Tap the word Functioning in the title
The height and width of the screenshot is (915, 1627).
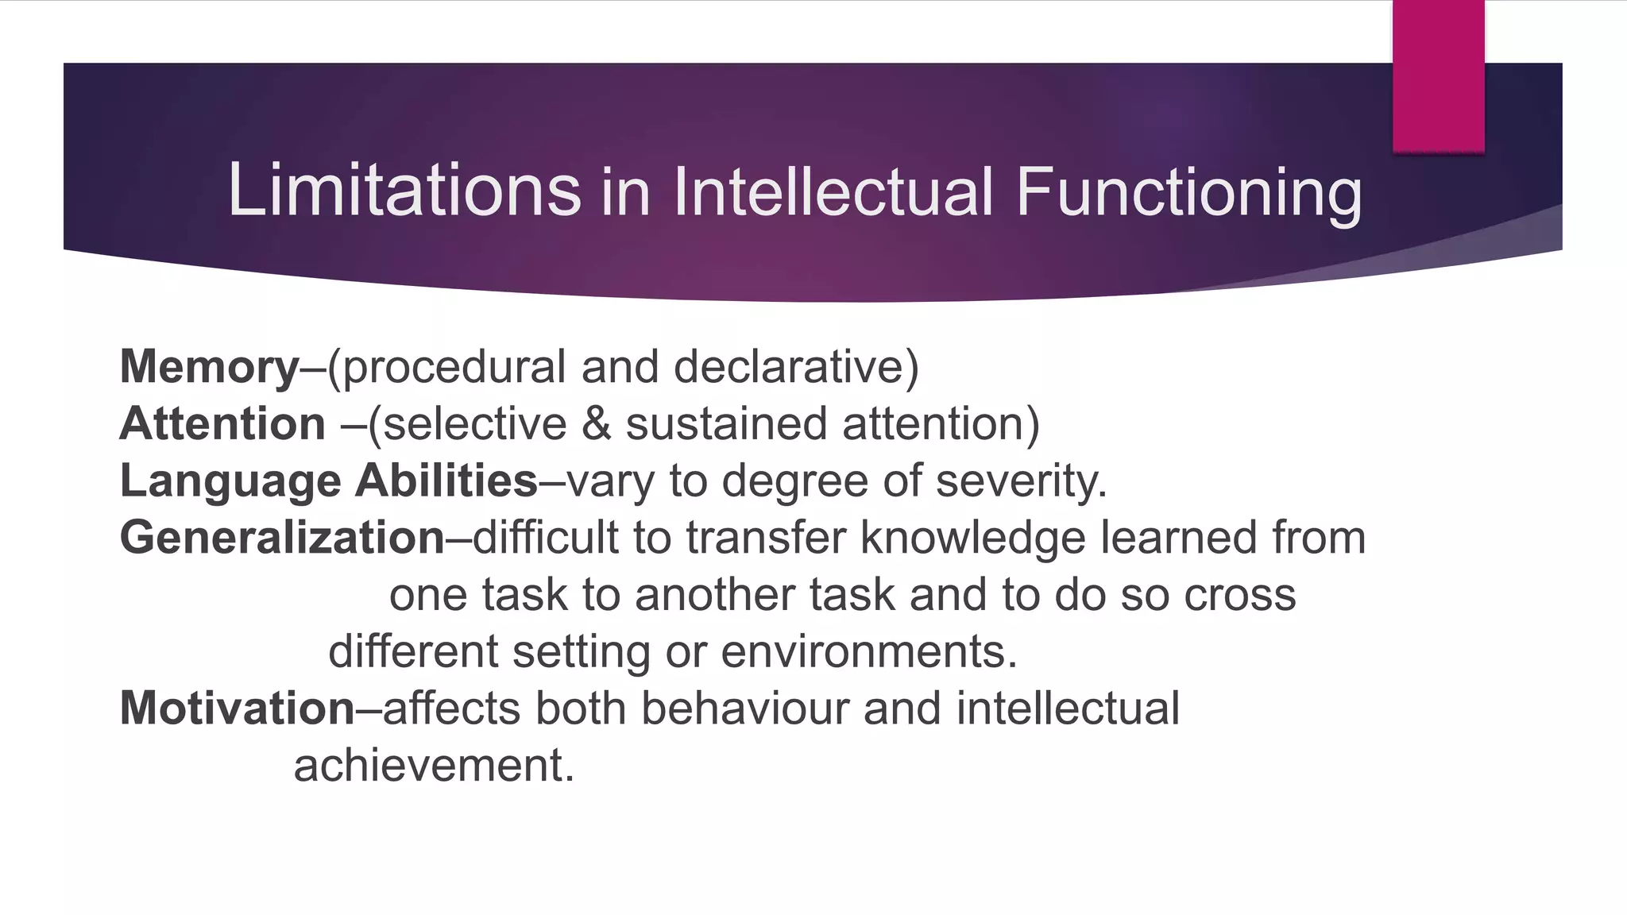[x=1188, y=192]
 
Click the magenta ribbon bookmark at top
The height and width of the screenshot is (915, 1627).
[x=1438, y=75]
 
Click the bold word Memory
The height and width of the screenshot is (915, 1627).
[x=210, y=368]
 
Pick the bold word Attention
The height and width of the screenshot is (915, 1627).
[x=222, y=423]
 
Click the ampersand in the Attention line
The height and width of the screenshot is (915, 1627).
[x=596, y=423]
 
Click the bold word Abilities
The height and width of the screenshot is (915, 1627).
[x=446, y=481]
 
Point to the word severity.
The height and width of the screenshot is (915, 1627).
[x=1021, y=481]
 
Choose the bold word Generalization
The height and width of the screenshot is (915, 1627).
[x=282, y=538]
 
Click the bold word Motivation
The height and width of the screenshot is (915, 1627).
[x=237, y=708]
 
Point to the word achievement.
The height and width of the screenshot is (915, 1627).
[x=433, y=766]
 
